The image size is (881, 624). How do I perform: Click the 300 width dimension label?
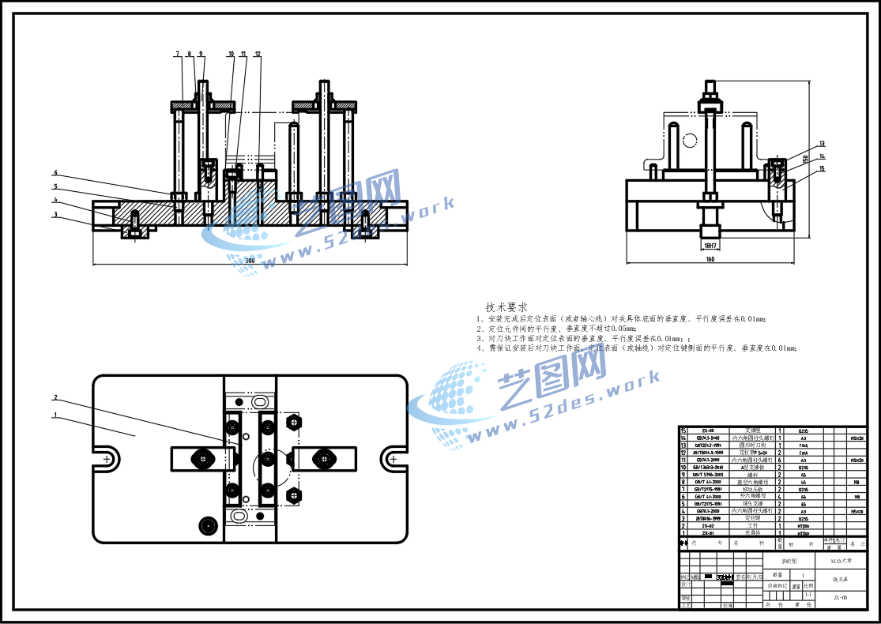point(250,260)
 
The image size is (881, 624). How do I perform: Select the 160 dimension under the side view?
point(710,258)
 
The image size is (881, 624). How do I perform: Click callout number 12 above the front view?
point(258,54)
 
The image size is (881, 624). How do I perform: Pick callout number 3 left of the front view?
point(56,214)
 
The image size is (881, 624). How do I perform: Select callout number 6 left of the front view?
point(56,173)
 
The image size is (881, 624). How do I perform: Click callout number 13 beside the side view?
point(822,144)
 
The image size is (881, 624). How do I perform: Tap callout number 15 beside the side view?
point(822,168)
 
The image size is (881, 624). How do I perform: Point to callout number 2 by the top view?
point(56,397)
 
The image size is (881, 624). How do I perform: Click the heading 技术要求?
point(506,306)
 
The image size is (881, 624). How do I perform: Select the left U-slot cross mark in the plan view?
point(107,458)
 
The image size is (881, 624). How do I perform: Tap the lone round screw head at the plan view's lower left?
point(209,525)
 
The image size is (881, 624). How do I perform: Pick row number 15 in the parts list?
point(684,430)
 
